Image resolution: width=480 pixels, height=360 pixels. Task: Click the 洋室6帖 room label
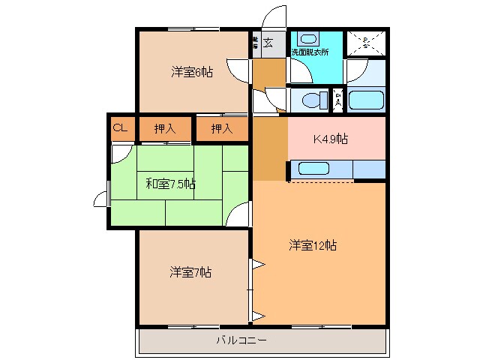[191, 73]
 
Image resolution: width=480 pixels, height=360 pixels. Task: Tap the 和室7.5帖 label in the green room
[170, 183]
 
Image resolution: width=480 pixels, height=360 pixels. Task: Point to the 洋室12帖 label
[313, 245]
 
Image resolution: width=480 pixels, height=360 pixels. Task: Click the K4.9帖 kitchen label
[330, 139]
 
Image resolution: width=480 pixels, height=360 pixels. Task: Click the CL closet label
[120, 128]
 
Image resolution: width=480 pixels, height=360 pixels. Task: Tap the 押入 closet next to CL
[165, 129]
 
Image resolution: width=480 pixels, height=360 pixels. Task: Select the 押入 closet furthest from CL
[222, 129]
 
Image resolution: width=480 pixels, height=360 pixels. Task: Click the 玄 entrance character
[268, 42]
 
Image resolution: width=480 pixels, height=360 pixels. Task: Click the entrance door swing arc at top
[275, 16]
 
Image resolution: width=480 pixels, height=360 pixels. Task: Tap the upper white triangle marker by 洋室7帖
[256, 264]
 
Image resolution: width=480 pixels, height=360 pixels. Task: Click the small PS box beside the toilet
[338, 98]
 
